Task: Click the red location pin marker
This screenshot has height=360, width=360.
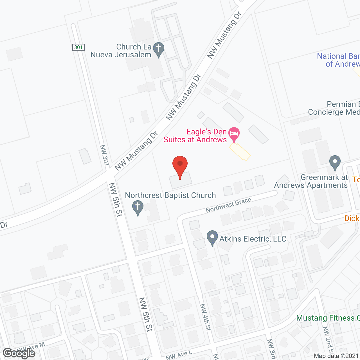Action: click(x=180, y=166)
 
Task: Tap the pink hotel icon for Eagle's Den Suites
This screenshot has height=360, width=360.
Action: click(x=234, y=134)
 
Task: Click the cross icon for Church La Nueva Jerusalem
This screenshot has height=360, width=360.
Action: click(x=159, y=49)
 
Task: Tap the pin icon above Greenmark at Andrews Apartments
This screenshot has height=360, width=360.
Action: click(x=335, y=162)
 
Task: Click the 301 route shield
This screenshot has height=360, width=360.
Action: click(x=78, y=47)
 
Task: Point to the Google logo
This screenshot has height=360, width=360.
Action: click(x=19, y=353)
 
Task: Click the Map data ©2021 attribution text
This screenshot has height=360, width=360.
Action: click(x=336, y=356)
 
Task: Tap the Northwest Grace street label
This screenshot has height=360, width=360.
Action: click(x=228, y=205)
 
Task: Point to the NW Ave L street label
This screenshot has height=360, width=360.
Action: click(x=179, y=355)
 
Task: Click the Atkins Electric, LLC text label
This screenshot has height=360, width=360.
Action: click(x=253, y=239)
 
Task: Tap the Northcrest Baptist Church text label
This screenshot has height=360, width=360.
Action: click(x=170, y=195)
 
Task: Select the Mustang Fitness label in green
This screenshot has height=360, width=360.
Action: click(x=328, y=318)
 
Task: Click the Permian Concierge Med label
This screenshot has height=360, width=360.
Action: click(x=334, y=108)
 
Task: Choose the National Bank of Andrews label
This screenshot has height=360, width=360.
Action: click(x=339, y=60)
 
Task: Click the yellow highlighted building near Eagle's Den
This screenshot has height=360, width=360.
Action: click(x=240, y=152)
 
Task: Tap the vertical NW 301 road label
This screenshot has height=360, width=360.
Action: click(x=104, y=155)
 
